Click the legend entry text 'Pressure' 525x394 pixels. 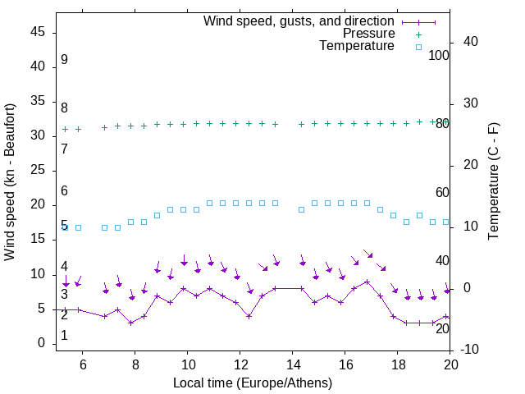368,34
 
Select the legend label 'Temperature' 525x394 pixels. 357,46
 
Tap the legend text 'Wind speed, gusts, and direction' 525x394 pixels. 299,21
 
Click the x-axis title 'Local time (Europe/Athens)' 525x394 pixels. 253,383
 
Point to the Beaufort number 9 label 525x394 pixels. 64,60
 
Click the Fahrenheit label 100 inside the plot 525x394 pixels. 439,55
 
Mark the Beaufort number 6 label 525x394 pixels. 64,191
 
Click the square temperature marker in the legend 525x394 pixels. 418,47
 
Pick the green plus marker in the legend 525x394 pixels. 418,34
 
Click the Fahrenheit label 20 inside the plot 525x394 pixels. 442,329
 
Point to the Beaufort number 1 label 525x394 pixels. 64,336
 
